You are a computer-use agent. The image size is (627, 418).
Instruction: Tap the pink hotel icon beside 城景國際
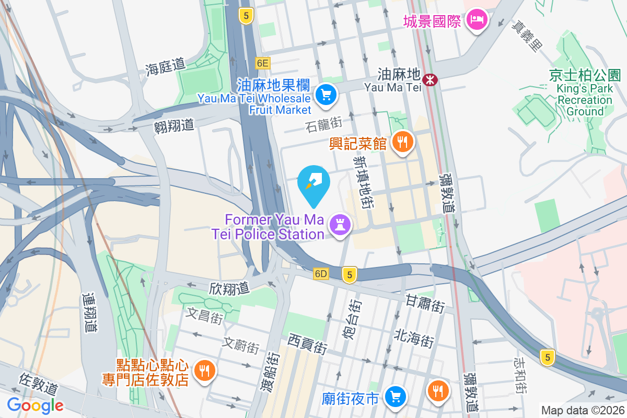click(x=476, y=20)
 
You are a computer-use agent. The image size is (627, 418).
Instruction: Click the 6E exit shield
click(x=262, y=63)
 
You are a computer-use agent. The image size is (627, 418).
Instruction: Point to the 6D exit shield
click(x=321, y=273)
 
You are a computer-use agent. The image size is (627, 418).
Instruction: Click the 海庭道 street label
click(x=166, y=67)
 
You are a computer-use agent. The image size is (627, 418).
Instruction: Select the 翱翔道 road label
click(x=174, y=125)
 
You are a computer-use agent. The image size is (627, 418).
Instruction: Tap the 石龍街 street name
click(x=324, y=124)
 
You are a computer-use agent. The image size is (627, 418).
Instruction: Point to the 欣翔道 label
click(x=228, y=288)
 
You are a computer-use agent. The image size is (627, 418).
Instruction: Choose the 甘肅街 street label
click(x=425, y=303)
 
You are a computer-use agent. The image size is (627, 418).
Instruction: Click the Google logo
click(x=35, y=405)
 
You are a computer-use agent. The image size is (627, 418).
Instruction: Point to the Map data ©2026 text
click(x=583, y=410)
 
